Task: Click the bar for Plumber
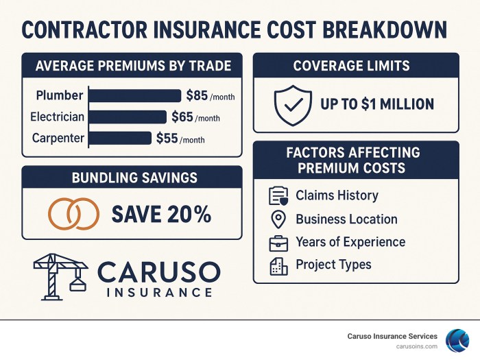tap(135, 96)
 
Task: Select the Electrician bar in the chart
tap(128, 117)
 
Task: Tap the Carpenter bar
tap(120, 139)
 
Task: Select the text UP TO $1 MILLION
tap(377, 104)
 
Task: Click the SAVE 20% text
tap(161, 214)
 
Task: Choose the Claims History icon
tap(278, 196)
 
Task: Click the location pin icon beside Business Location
tap(278, 219)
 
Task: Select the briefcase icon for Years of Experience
tap(278, 242)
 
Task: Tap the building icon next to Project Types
tap(278, 265)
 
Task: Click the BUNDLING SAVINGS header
tap(134, 178)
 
